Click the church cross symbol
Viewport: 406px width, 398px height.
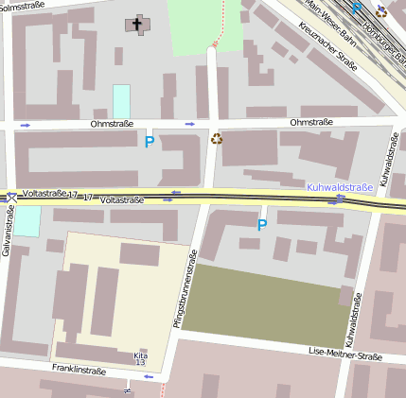(x=136, y=24)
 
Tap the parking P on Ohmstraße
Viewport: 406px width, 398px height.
(x=149, y=143)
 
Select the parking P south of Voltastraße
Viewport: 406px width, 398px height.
(x=262, y=225)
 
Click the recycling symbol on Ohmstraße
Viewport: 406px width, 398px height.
(x=217, y=140)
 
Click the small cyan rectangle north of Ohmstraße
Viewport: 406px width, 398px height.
(x=121, y=101)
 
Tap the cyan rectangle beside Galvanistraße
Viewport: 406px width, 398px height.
(x=27, y=221)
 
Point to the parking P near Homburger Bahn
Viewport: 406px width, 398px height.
(x=356, y=9)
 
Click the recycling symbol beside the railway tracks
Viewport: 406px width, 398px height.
(x=381, y=11)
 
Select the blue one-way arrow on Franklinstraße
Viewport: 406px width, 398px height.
(x=148, y=377)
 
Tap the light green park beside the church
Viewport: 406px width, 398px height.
(x=203, y=24)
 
